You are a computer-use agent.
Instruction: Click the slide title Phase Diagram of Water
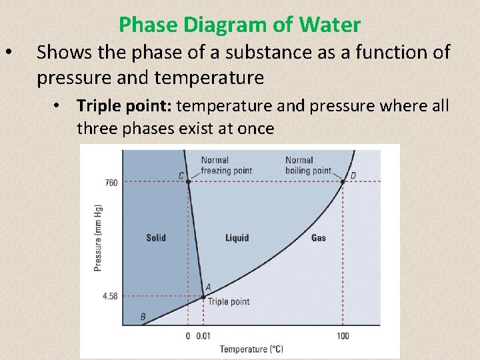click(239, 25)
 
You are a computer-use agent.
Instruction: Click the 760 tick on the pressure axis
click(111, 182)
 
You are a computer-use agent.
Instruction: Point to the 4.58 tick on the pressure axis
click(110, 296)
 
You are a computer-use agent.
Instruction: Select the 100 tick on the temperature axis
click(343, 335)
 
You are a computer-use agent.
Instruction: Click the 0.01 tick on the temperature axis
click(205, 335)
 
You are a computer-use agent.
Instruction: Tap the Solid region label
click(156, 237)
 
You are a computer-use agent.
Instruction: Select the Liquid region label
click(237, 237)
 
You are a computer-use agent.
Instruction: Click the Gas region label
click(319, 237)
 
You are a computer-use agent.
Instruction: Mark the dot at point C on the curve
click(189, 181)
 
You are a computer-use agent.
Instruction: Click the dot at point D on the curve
click(343, 181)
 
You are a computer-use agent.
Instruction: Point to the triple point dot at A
click(204, 297)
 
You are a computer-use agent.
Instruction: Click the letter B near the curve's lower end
click(143, 317)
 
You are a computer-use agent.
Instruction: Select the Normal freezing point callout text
click(227, 165)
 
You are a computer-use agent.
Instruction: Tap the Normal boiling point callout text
click(308, 165)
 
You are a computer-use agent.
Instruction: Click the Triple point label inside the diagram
click(229, 301)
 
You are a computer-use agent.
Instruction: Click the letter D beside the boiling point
click(353, 176)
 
